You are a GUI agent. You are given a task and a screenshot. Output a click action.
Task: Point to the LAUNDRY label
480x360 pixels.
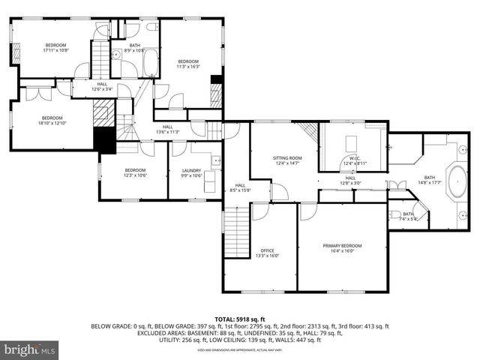click(x=192, y=172)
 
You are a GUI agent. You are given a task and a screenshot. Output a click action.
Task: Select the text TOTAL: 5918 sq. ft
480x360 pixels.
click(x=240, y=319)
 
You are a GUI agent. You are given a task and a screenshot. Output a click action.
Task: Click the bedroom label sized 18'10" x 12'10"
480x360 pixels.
click(x=52, y=120)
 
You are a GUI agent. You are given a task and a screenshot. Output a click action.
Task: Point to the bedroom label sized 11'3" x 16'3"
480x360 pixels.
click(x=187, y=64)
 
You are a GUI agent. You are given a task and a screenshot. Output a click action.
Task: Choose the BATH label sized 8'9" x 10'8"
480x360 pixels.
click(x=135, y=48)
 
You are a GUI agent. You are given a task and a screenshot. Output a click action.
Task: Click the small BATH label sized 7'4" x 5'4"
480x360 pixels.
click(x=408, y=216)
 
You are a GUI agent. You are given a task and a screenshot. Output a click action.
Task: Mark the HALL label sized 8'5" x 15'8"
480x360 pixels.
click(x=240, y=187)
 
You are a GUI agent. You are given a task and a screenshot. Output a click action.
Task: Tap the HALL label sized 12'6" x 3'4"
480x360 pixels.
click(x=101, y=86)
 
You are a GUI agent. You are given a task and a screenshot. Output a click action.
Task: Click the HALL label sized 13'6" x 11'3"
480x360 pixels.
click(x=168, y=129)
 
